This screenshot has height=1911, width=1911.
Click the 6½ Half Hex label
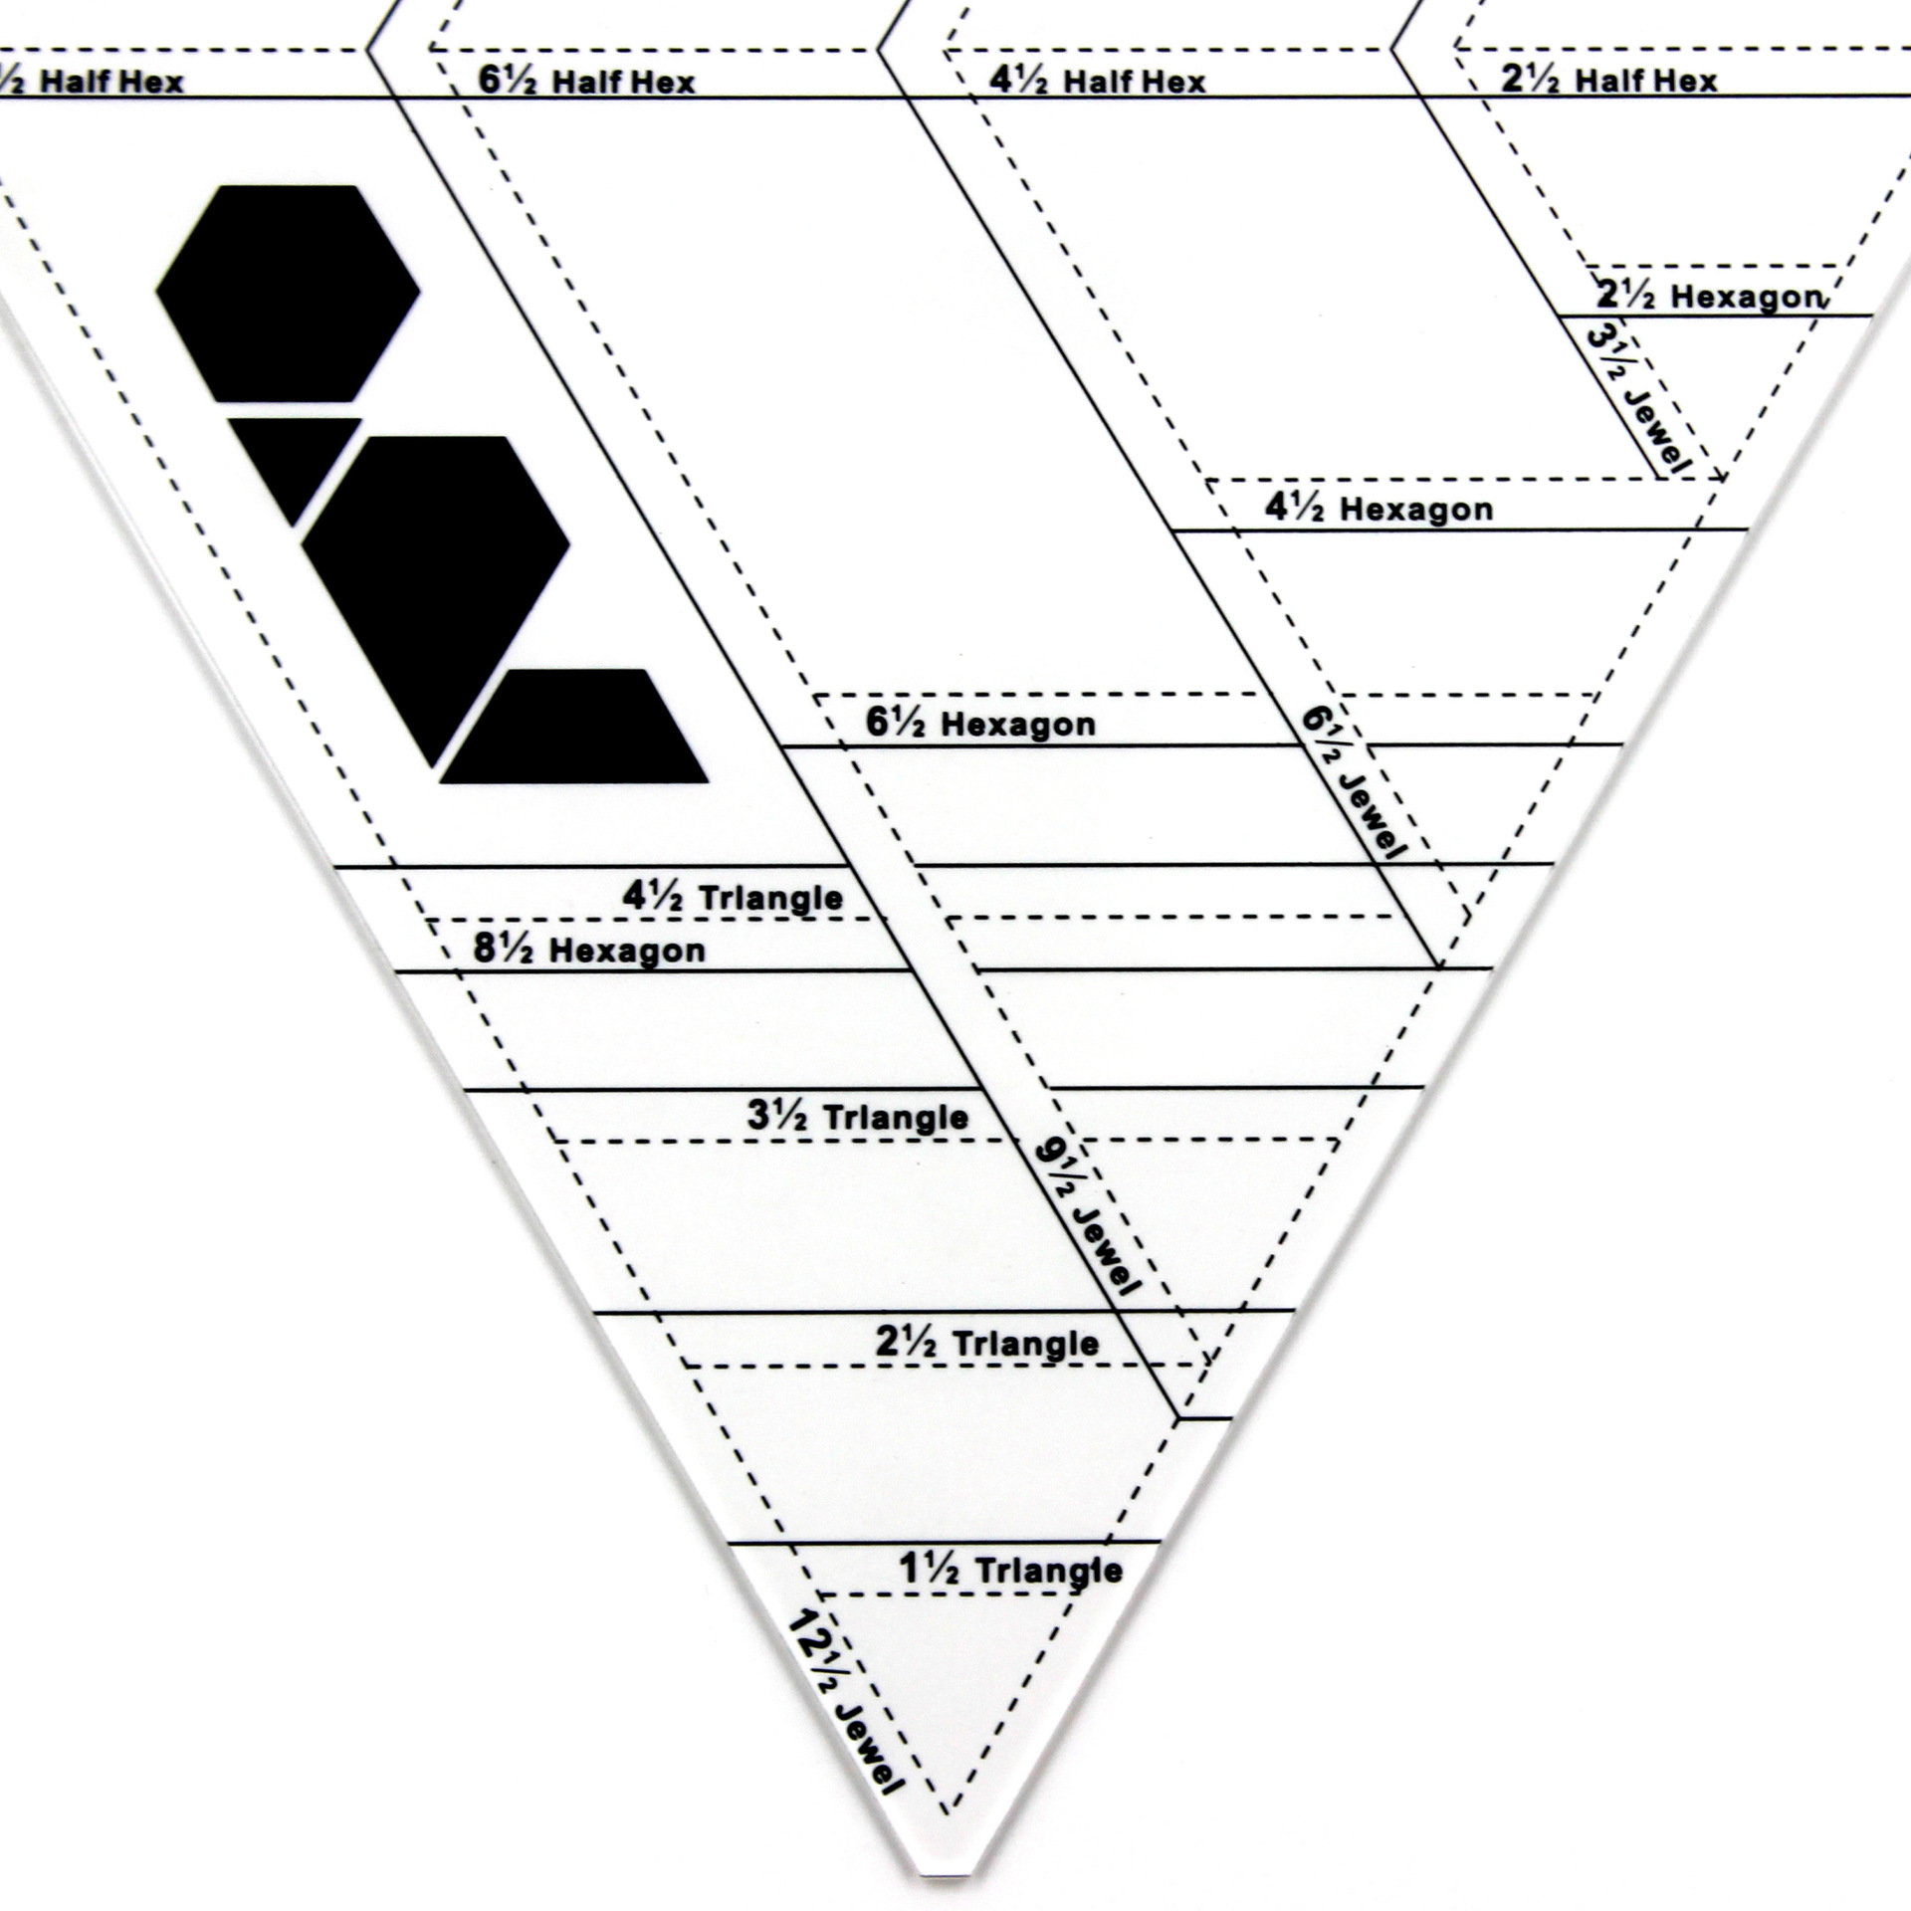point(586,81)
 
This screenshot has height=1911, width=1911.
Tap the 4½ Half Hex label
point(1097,81)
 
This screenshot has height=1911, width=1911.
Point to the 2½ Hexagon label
point(1709,296)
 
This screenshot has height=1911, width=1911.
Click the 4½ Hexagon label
point(1379,509)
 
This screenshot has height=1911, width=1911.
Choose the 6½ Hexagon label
point(980,724)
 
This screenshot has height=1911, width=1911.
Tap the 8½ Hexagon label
point(589,950)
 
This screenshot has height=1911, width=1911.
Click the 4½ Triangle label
point(733,897)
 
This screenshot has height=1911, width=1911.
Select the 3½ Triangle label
point(858,1117)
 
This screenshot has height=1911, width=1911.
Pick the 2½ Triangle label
point(987,1343)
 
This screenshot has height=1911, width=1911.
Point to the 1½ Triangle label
point(1010,1570)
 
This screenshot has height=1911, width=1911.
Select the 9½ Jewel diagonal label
point(1087,1217)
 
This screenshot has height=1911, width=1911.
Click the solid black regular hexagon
point(288,293)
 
